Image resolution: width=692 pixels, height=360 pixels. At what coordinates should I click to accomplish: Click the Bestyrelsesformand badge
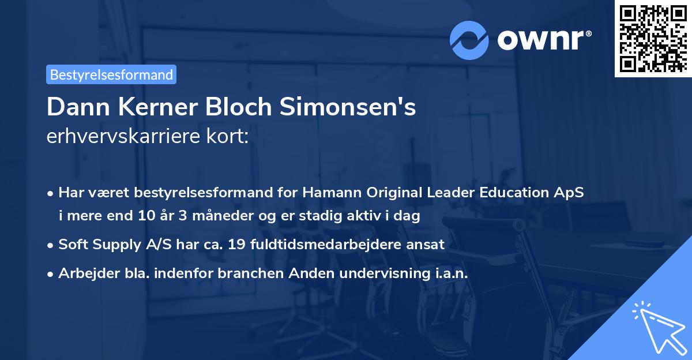coord(111,74)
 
